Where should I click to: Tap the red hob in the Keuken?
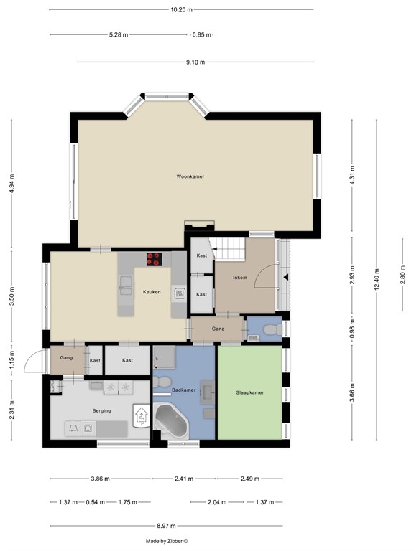coord(154,259)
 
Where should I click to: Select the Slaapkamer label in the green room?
coord(250,392)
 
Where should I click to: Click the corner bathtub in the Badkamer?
coord(171,421)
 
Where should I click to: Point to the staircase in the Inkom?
coord(231,250)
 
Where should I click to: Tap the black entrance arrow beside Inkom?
coord(285,276)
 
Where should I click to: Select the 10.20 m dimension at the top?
coord(182,9)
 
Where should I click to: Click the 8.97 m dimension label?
coord(166,526)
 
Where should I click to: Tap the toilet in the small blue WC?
coord(270,329)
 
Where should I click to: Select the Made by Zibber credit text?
coord(166,542)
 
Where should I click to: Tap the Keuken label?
coord(151,292)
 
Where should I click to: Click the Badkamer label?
coord(183,390)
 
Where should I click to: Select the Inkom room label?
coord(241,277)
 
